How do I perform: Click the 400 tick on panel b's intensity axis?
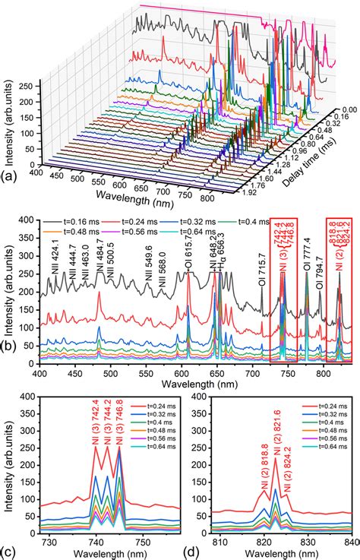pyautogui.click(x=29, y=220)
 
